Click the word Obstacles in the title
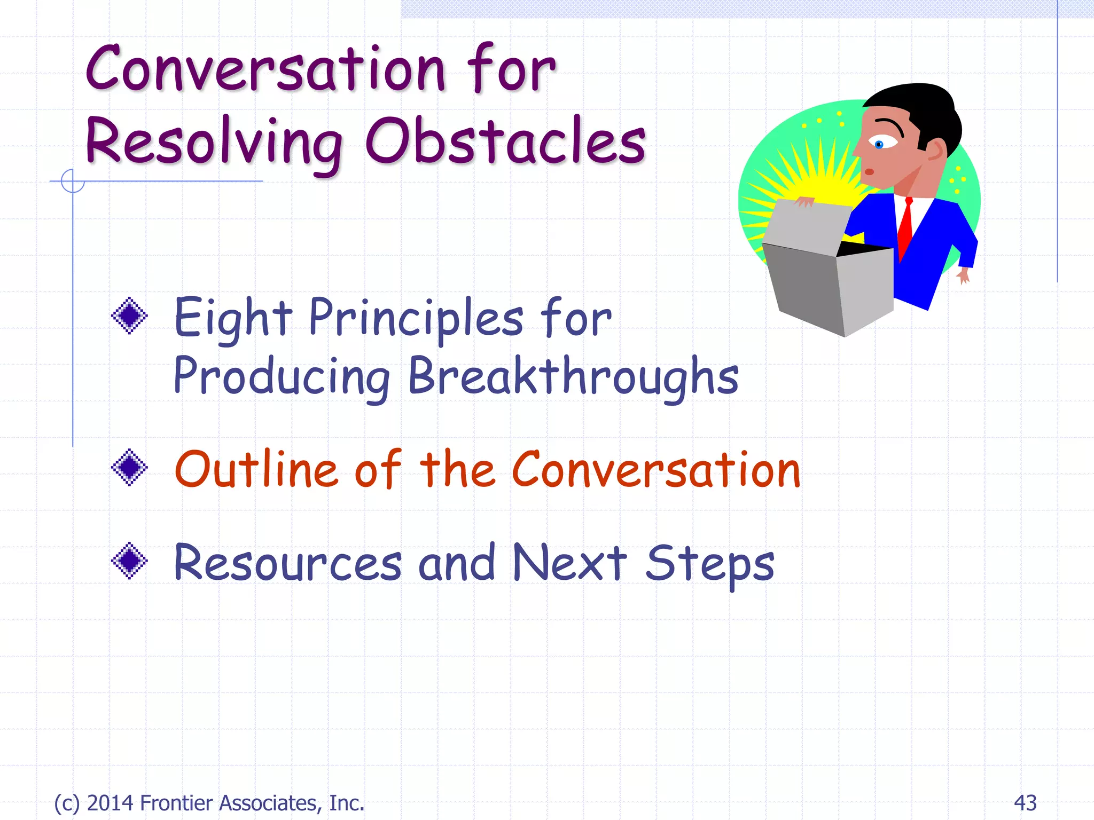tap(505, 141)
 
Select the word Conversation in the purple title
tap(265, 69)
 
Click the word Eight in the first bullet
tap(233, 319)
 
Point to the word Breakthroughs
tap(573, 376)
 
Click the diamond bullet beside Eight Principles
tap(129, 316)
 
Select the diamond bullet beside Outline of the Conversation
tap(129, 468)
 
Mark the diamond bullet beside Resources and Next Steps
tap(129, 561)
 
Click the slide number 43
tap(1025, 803)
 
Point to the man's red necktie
tap(905, 227)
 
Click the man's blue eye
tap(879, 144)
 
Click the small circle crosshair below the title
tap(73, 181)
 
